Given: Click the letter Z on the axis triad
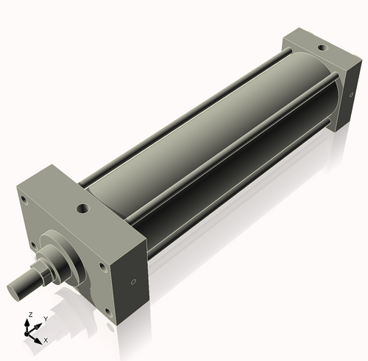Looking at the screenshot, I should click(x=29, y=315).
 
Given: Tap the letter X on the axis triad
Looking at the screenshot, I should click(x=46, y=340).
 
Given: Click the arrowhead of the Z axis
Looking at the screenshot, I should click(x=30, y=323).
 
